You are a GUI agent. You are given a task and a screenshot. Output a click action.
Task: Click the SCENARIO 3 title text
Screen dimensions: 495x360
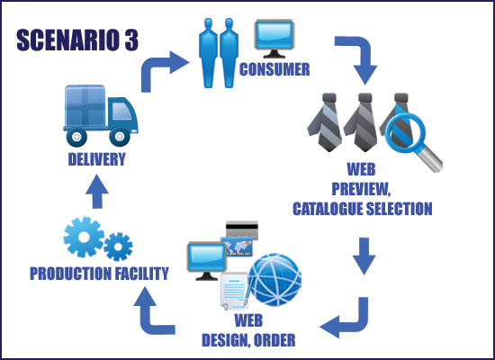77,40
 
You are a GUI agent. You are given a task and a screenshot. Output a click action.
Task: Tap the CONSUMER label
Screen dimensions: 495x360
274,69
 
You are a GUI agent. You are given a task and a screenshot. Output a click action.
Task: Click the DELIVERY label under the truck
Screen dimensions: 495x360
97,159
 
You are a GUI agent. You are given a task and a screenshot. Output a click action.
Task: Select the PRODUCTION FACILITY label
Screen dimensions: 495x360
99,274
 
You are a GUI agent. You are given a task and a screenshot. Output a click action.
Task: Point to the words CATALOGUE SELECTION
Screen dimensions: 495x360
363,209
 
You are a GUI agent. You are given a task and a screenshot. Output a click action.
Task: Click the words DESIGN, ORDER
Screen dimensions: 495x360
248,340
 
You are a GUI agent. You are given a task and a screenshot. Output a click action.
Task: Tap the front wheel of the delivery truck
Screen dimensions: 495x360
120,137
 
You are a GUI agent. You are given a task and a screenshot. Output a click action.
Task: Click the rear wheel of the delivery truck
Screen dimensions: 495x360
76,137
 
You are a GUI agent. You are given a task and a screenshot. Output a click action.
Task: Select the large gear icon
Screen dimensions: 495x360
84,237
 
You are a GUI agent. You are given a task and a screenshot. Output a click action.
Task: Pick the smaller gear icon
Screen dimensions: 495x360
118,247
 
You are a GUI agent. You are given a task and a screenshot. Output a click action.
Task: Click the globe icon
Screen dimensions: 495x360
275,280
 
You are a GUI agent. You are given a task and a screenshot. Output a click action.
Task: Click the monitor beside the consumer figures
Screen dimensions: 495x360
274,39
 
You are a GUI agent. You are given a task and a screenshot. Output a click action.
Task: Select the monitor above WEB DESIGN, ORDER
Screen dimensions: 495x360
207,261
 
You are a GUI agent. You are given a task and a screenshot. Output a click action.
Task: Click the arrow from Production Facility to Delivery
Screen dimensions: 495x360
97,192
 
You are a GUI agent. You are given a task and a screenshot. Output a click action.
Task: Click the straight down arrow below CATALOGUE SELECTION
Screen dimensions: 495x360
364,256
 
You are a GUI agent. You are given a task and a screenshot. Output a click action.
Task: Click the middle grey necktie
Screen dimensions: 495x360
362,122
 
